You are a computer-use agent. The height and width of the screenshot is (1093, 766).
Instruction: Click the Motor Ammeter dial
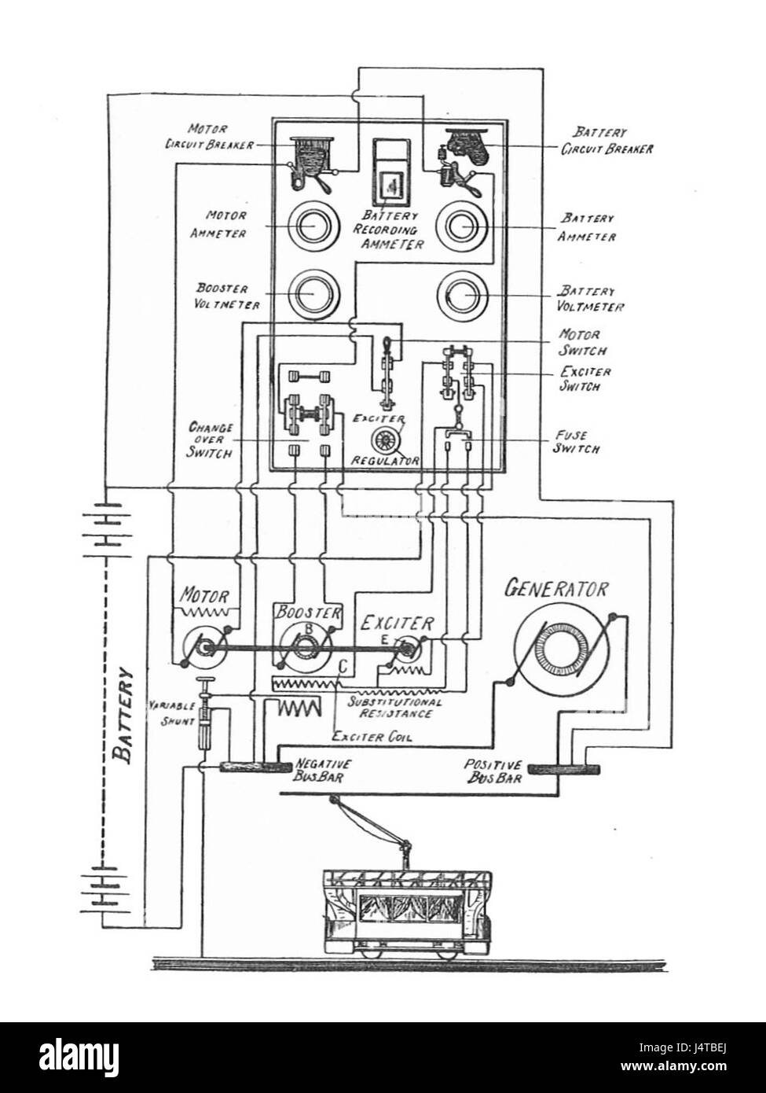click(310, 226)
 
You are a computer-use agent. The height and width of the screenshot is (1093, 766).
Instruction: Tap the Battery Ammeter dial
click(464, 226)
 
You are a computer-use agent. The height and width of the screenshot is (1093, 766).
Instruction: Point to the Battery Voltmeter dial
click(464, 293)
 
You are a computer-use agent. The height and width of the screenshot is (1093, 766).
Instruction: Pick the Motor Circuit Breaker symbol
click(310, 164)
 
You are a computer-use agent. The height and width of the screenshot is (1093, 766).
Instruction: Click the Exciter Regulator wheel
click(388, 438)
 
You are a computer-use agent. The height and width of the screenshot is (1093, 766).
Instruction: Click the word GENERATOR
click(557, 587)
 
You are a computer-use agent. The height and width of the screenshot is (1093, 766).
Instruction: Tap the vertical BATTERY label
click(123, 716)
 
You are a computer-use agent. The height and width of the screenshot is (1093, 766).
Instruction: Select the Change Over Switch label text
click(210, 440)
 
